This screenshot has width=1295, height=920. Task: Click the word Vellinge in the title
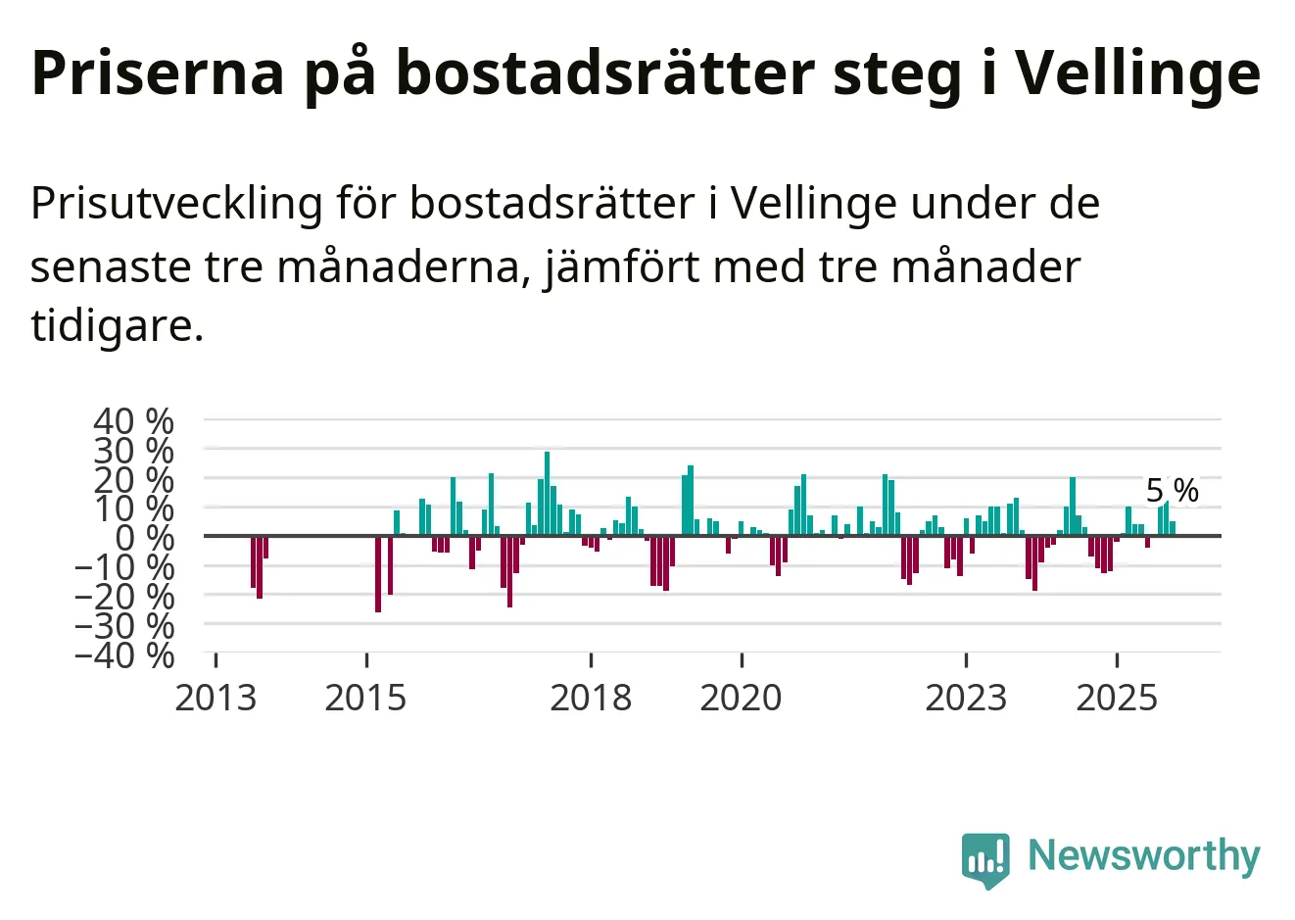[x=1136, y=73]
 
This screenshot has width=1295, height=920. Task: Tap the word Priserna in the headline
[x=158, y=73]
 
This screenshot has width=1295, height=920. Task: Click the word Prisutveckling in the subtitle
[x=176, y=204]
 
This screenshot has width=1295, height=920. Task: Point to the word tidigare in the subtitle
[x=117, y=325]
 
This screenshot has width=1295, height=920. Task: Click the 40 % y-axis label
[x=133, y=421]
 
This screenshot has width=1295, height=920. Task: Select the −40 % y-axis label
[x=124, y=654]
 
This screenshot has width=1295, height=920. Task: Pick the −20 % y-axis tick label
[x=124, y=596]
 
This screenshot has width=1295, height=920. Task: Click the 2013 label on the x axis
[x=216, y=698]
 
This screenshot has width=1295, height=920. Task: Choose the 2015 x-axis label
[x=365, y=698]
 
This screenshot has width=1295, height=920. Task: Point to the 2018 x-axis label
[x=591, y=698]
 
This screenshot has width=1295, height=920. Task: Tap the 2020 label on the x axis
[x=742, y=698]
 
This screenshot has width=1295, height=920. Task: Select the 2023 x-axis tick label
[x=966, y=698]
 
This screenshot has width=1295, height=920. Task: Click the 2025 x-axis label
[x=1117, y=698]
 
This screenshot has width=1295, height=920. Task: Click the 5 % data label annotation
[x=1173, y=490]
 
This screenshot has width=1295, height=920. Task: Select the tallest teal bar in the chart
[x=547, y=494]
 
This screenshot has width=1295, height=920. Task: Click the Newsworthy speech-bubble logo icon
[x=985, y=859]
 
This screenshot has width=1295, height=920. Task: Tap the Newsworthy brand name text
[x=1143, y=855]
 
